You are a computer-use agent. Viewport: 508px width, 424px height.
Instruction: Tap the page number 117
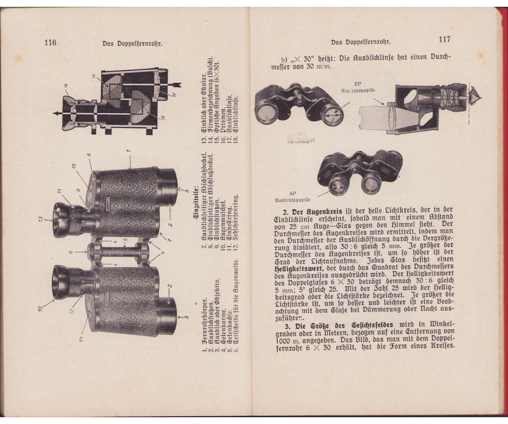(444, 39)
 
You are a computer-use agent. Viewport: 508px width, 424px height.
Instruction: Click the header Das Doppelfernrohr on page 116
(133, 43)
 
